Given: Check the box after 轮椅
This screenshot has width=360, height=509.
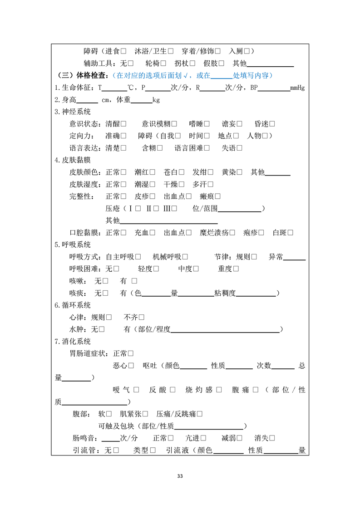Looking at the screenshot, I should coord(163,64).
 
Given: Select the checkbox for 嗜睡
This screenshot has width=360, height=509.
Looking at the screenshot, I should coord(207,124).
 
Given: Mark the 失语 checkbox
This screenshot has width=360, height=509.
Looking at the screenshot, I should coord(239,148).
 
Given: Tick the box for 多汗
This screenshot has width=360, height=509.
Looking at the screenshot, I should coord(210,184).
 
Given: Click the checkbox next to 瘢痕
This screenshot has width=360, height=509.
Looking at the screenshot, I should coord(217,196).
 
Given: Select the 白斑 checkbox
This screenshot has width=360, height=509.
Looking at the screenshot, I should coord(290,233).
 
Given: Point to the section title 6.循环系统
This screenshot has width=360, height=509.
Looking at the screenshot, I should coord(73,305).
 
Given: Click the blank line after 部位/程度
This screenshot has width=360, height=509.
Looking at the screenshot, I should coord(225,329).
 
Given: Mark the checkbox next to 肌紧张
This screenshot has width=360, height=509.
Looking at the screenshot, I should coord(145,414).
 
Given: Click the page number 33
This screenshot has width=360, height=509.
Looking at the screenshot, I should coord(180,476).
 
